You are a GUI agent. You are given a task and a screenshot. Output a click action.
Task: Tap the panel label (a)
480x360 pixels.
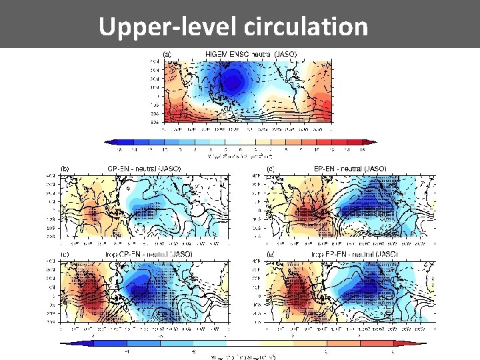pos(169,53)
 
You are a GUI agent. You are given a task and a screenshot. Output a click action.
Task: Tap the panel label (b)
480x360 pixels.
pos(65,169)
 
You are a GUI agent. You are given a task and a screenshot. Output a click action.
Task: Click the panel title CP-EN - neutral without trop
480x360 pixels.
pos(144,169)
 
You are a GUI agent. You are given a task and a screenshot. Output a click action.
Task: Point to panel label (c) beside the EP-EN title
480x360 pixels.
pos(271,169)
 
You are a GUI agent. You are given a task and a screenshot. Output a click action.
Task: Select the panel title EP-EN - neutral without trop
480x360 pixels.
pos(349,169)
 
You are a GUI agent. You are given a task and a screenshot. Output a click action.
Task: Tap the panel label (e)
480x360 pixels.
pos(271,254)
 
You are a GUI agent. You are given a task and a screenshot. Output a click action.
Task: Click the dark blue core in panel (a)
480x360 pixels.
pos(233,82)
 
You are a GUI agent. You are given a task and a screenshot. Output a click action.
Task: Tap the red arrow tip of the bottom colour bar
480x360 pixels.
pos(425,343)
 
